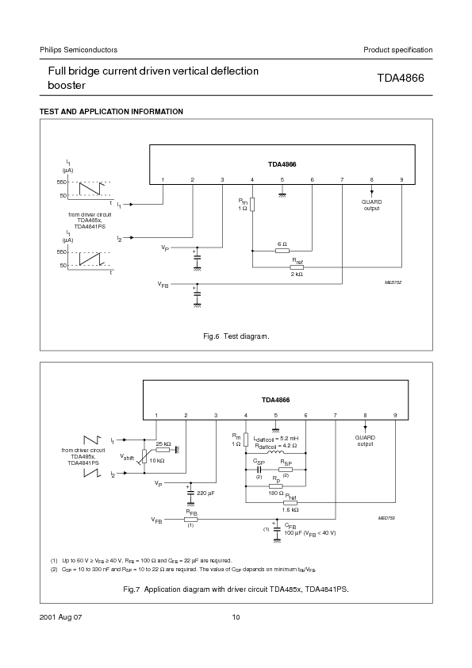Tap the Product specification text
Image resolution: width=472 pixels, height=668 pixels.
click(397, 50)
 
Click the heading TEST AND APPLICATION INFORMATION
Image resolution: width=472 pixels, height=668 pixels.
click(111, 111)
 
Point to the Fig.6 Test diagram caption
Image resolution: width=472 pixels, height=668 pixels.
click(236, 336)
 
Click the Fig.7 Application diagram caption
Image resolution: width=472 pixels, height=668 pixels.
click(236, 589)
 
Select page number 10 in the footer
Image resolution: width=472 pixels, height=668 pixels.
click(236, 617)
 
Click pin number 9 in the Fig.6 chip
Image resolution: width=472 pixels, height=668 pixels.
click(401, 180)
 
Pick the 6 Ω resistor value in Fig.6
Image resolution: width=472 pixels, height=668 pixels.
click(282, 244)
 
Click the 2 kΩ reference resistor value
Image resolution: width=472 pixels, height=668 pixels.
click(297, 274)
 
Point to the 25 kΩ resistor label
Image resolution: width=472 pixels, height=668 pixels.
click(163, 443)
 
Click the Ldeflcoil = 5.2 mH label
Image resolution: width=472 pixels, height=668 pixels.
click(276, 439)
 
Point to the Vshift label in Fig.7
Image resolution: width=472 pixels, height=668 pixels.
click(127, 457)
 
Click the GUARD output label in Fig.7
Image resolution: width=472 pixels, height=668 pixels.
click(365, 440)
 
